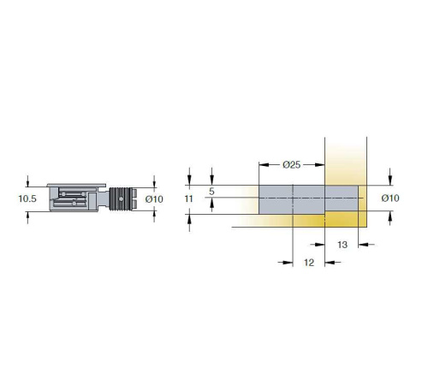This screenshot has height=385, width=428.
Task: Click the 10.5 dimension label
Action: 27,198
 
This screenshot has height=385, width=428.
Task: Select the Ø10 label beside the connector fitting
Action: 154,199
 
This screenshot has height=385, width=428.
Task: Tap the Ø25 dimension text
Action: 292,164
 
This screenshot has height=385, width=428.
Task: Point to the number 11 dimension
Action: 188,198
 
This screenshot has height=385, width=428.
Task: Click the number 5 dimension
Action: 211,192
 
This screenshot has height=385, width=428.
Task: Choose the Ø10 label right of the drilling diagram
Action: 390,198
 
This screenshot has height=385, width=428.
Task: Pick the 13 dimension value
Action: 342,245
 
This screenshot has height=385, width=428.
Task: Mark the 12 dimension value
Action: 309,263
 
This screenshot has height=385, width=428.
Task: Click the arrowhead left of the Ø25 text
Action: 264,165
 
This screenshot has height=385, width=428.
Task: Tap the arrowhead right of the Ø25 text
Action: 320,165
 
